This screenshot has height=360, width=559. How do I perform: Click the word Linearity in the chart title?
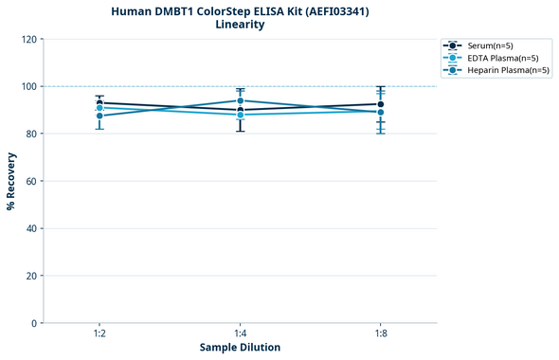pos(240,25)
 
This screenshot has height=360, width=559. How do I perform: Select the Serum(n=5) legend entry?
pos(490,45)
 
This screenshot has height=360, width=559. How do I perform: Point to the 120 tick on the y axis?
pos(28,39)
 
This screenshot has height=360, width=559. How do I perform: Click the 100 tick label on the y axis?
pos(28,86)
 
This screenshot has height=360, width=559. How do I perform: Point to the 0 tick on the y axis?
pos(34,323)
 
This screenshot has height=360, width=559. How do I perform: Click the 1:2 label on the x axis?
pos(99,334)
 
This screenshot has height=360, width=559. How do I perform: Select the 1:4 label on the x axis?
pos(240,334)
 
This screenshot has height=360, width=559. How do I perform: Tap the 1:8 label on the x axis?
pos(381,334)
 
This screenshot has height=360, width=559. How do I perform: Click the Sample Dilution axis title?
pos(240,348)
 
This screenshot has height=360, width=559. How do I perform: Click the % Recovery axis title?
pos(11,181)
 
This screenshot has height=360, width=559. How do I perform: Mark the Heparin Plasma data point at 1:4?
pos(240,100)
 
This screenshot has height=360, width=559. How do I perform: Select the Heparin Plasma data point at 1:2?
pos(99,116)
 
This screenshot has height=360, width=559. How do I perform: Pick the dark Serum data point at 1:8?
pos(381,104)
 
